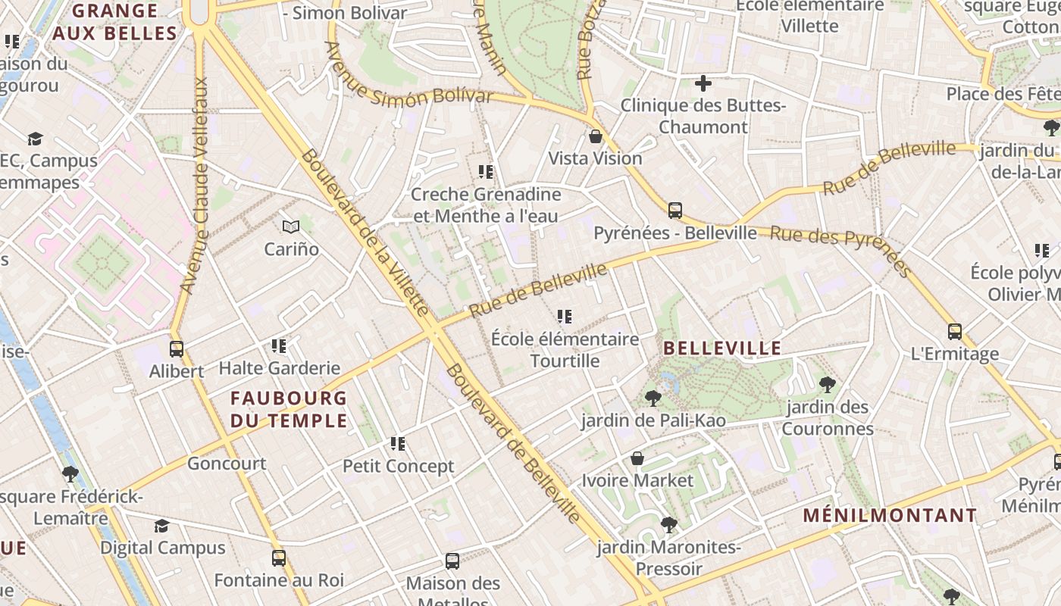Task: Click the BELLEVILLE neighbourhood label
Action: [722, 348]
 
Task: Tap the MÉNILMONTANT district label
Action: [890, 516]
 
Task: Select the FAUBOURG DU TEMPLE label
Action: [289, 409]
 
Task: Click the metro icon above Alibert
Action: [177, 349]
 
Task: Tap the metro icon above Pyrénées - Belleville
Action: [674, 211]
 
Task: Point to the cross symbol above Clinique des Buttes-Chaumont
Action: [703, 83]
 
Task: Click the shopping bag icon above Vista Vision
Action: [596, 137]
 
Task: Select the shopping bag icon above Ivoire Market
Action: [637, 458]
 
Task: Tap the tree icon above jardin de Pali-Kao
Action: [652, 398]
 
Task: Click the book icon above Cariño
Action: [291, 226]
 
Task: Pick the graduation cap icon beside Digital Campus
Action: [161, 526]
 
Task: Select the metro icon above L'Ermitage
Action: [954, 332]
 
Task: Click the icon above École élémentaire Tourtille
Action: [565, 317]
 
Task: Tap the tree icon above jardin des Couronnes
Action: [828, 385]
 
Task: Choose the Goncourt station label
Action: [227, 464]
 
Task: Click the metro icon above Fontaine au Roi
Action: [279, 558]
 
